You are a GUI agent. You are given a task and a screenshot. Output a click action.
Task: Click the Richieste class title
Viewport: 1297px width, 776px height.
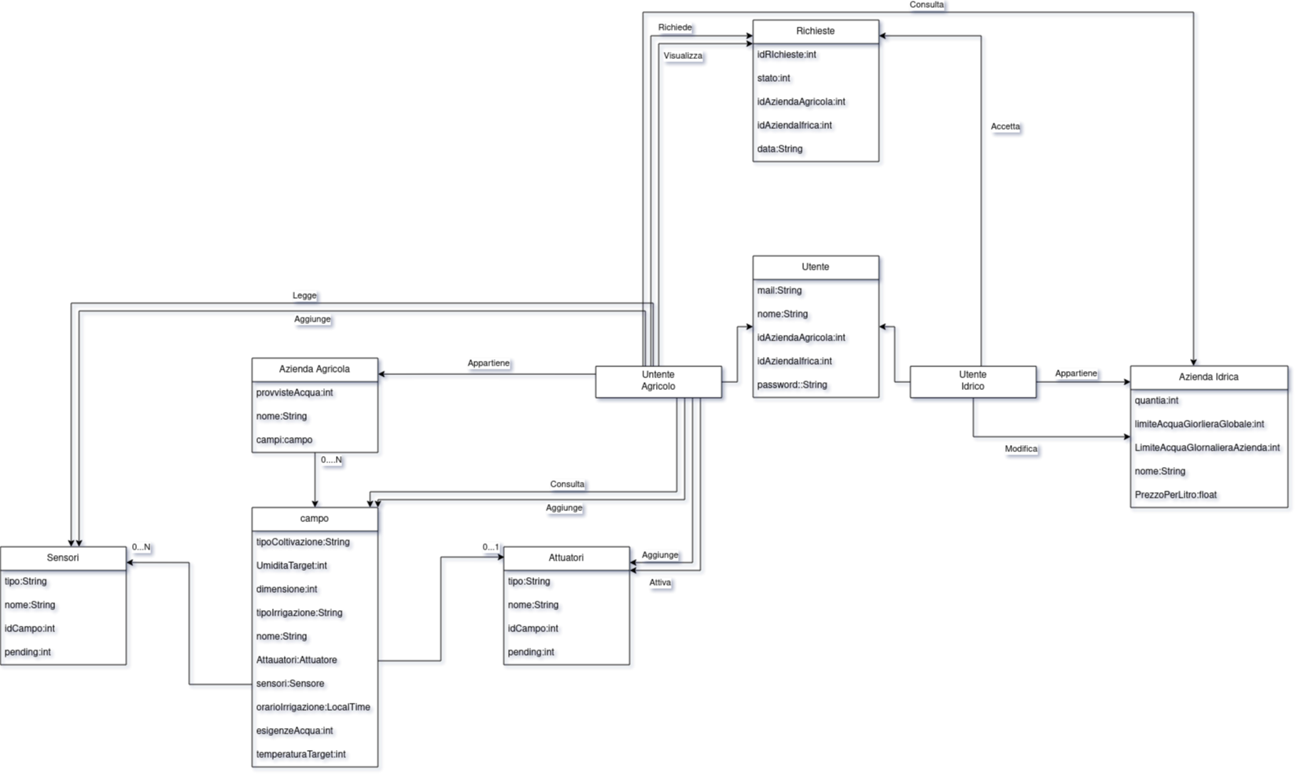(x=816, y=31)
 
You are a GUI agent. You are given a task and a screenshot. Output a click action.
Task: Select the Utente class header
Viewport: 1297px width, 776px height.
(x=816, y=267)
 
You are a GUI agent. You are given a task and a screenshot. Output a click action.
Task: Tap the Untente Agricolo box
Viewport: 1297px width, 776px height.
(x=658, y=381)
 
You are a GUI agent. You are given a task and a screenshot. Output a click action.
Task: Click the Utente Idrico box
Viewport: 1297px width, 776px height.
(x=973, y=381)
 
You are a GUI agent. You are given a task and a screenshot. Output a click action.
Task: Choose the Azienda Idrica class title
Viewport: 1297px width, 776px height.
(x=1209, y=377)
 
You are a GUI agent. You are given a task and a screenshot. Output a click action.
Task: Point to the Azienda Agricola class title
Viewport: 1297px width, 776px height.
(x=315, y=370)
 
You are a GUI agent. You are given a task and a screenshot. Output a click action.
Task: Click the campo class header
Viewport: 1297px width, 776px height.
(x=315, y=519)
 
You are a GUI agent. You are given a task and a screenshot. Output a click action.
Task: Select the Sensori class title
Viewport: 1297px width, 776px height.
(x=63, y=558)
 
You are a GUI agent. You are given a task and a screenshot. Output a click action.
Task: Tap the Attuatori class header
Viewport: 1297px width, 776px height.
(x=566, y=558)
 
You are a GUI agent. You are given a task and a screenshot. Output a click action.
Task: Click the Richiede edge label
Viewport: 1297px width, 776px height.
(x=675, y=28)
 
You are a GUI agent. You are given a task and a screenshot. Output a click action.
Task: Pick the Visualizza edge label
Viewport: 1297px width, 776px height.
(x=683, y=56)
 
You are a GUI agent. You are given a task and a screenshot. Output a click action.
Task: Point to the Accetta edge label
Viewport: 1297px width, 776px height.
(x=1005, y=127)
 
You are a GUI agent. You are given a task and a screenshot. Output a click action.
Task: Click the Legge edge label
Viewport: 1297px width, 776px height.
(x=304, y=296)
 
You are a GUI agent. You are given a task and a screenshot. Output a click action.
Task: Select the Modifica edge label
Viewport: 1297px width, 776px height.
(x=1021, y=449)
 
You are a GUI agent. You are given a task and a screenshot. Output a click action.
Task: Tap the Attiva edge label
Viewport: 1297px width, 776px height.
(x=660, y=583)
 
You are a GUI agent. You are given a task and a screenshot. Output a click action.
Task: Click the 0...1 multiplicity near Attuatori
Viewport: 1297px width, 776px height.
(x=491, y=547)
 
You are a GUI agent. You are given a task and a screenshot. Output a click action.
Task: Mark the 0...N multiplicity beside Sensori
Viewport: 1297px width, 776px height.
(x=141, y=547)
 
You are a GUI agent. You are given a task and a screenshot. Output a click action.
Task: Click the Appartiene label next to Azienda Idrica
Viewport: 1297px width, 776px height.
(x=1076, y=373)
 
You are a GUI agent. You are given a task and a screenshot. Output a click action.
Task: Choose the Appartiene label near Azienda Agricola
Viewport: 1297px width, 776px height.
(x=488, y=363)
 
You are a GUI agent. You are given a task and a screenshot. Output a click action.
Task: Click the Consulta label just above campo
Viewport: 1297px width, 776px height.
(x=567, y=484)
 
